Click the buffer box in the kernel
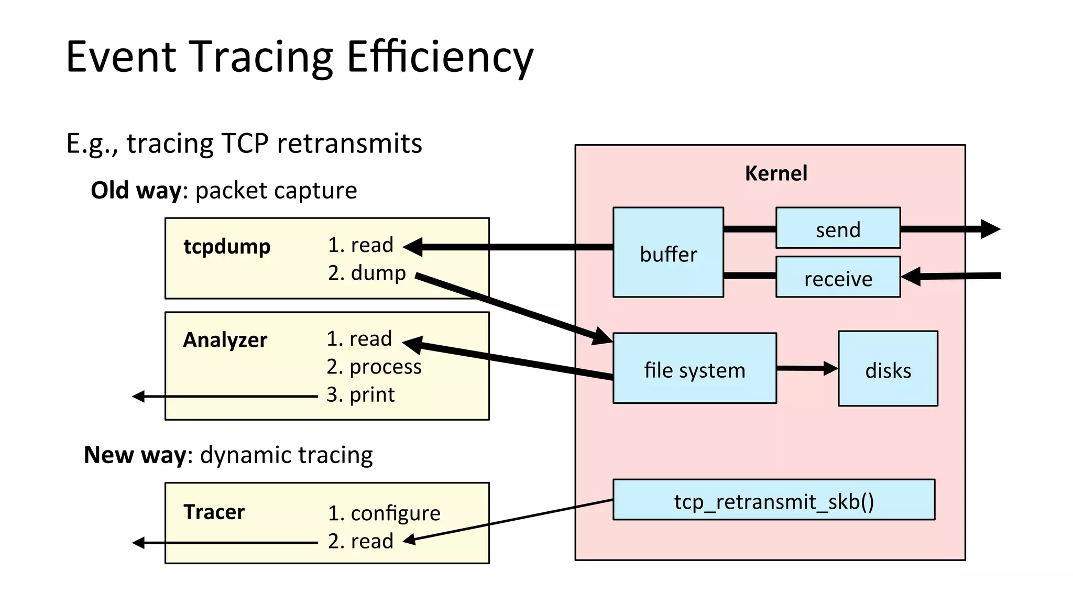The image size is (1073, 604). [668, 252]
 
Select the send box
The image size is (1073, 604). [838, 228]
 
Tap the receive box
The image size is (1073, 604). [838, 277]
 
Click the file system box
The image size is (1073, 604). [694, 369]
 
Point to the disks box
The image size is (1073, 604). [888, 369]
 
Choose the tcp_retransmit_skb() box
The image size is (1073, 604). [773, 500]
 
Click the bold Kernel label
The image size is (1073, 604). [776, 173]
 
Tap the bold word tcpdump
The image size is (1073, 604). [227, 246]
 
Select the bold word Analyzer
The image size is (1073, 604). [225, 340]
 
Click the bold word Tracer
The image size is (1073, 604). [214, 512]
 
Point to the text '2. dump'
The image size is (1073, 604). [367, 273]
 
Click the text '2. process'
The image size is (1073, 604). [374, 367]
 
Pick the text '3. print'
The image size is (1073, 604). [360, 394]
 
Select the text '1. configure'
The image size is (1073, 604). [384, 513]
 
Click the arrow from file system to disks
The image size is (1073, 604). [807, 368]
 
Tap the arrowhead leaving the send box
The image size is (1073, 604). [990, 229]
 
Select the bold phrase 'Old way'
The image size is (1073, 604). [136, 190]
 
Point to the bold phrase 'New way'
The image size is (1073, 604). [135, 455]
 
